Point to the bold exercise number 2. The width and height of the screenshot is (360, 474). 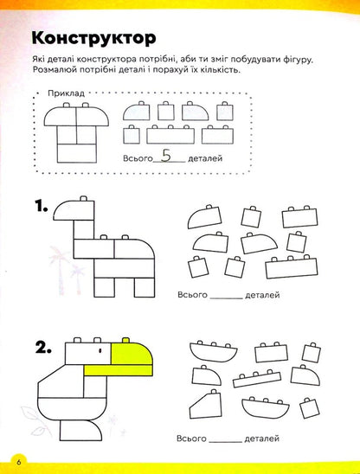coord(39,349)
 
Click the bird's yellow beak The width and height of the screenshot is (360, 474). coord(131,350)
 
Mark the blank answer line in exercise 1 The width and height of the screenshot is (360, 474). coord(228,296)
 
